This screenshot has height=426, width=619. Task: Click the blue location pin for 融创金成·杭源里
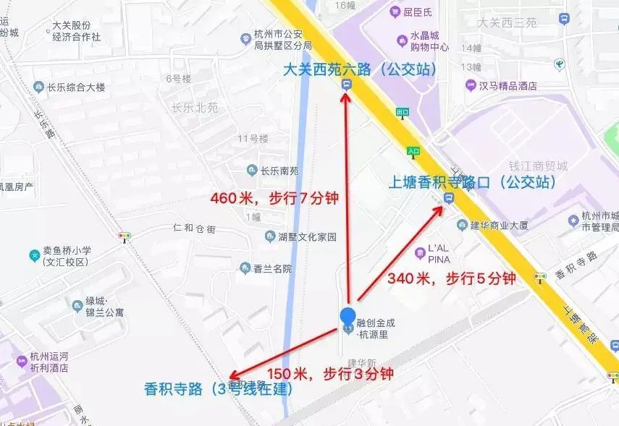tap(348, 318)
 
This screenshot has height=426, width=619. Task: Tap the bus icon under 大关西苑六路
tap(347, 85)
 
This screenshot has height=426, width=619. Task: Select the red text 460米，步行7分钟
tap(274, 197)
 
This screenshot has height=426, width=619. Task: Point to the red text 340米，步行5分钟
tap(451, 278)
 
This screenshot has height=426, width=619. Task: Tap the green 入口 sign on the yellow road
tap(413, 150)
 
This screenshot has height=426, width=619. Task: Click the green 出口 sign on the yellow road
tap(403, 112)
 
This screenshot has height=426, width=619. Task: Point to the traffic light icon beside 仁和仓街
tap(125, 236)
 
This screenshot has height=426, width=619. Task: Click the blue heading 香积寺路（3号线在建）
tap(218, 389)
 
